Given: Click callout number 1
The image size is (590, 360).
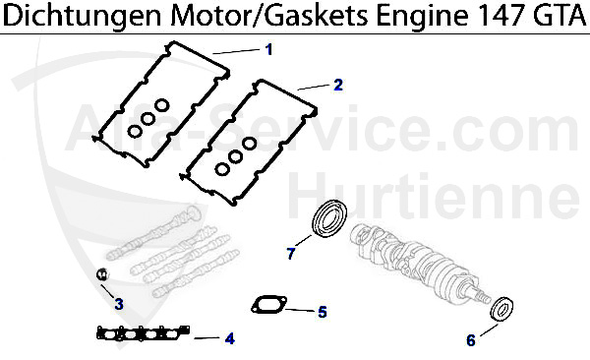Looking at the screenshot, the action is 268,48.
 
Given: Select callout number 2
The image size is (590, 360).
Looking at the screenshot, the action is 337,85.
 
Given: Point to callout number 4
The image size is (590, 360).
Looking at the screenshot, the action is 229,338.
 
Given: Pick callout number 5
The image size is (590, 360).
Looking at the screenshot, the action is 322,313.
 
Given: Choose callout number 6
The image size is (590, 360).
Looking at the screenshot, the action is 470,340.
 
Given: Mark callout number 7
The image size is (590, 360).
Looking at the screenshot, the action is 291,254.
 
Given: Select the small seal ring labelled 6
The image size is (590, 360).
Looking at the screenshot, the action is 502,309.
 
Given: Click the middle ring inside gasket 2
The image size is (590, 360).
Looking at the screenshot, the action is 237,157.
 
